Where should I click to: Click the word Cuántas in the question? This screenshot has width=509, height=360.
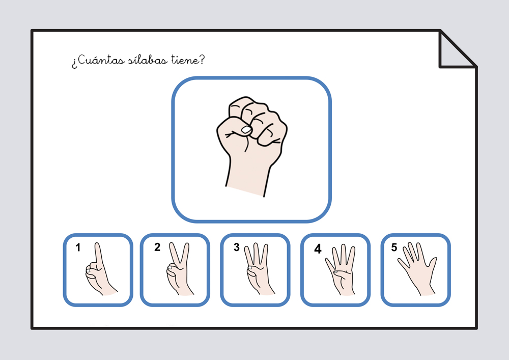pos(101,60)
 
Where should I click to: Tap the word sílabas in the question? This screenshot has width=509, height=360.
pos(148,60)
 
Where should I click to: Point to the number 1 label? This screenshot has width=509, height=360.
pos(78,247)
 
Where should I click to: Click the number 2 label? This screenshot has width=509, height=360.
pos(157,247)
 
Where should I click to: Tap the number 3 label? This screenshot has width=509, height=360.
pos(237,247)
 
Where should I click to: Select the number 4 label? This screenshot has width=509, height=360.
pos(318,249)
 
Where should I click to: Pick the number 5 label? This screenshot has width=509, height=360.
pos(394,247)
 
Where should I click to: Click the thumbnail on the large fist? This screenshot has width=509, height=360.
pos(246,130)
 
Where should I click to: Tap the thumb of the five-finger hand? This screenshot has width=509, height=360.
pos(432,265)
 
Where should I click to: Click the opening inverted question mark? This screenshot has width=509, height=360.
pos(74,63)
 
